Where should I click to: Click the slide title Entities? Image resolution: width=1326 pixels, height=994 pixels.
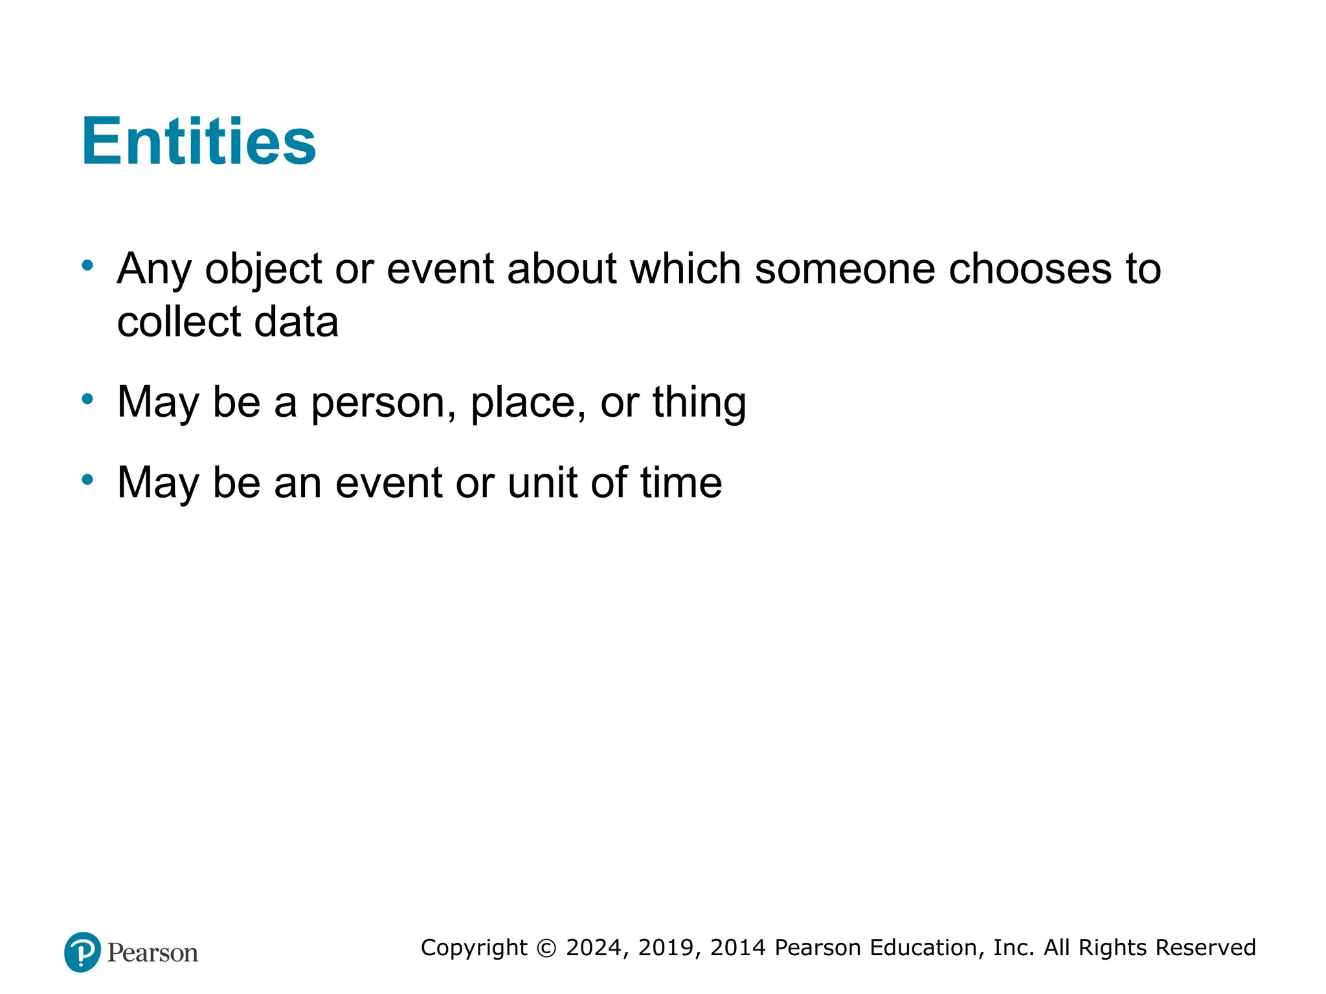(x=199, y=141)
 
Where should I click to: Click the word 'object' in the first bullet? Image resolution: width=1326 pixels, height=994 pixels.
(x=264, y=269)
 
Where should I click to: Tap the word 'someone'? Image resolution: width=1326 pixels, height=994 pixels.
(x=844, y=269)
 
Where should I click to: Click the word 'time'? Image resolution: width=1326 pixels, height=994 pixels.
(x=681, y=483)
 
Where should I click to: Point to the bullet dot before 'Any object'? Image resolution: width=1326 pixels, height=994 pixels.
(x=87, y=265)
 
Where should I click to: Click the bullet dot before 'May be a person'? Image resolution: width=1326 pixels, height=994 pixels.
(x=87, y=399)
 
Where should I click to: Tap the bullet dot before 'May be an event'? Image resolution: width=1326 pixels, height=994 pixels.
(x=87, y=480)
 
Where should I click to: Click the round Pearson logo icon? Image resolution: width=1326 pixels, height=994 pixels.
(x=82, y=952)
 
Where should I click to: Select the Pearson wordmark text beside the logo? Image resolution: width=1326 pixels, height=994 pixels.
(x=153, y=953)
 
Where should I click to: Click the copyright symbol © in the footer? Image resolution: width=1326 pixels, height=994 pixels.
(x=547, y=948)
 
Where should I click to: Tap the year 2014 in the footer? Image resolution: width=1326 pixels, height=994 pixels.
(x=739, y=948)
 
